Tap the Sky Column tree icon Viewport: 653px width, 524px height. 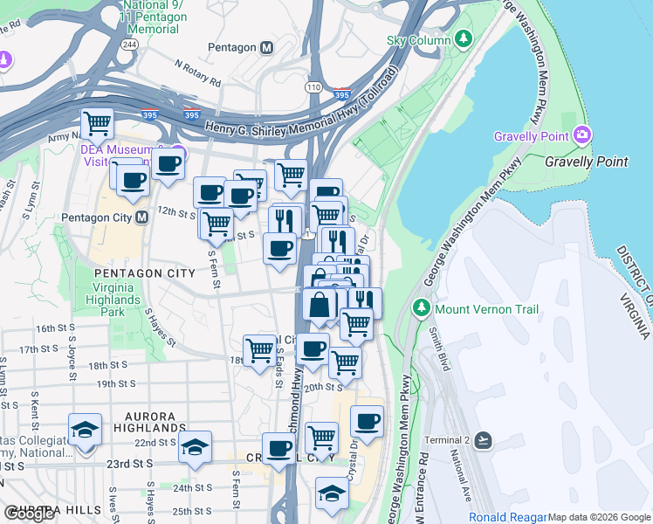click(x=464, y=39)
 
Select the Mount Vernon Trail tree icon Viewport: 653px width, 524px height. click(x=421, y=309)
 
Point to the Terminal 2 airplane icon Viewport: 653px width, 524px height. click(x=485, y=438)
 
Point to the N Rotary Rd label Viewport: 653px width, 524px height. click(x=197, y=73)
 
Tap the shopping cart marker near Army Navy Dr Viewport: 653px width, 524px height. click(x=97, y=124)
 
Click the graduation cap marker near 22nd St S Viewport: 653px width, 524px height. click(x=195, y=447)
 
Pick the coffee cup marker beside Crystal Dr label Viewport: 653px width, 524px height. click(x=367, y=421)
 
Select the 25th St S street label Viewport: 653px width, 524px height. click(x=193, y=510)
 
